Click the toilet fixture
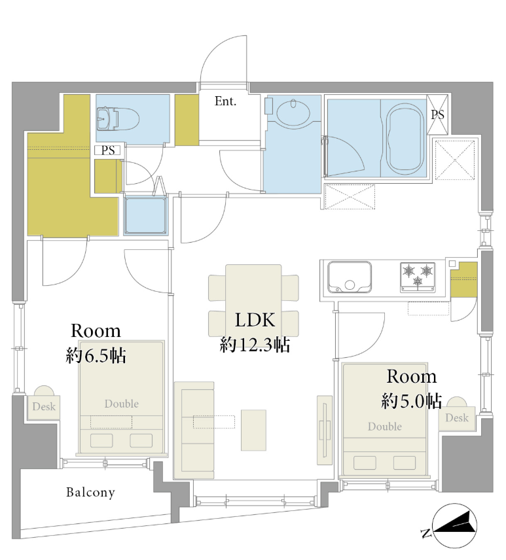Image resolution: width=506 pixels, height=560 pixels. click(x=117, y=118)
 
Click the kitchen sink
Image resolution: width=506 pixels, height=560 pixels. click(x=350, y=277)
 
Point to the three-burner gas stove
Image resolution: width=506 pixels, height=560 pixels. click(x=418, y=277)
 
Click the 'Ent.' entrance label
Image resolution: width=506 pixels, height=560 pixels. click(x=225, y=101)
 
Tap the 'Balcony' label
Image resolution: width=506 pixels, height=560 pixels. click(x=91, y=492)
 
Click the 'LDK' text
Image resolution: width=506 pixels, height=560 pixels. click(x=255, y=320)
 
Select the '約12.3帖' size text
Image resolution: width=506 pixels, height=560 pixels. click(x=255, y=345)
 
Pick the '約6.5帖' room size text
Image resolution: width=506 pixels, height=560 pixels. click(x=96, y=356)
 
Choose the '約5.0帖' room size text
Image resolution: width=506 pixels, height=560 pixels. click(x=412, y=401)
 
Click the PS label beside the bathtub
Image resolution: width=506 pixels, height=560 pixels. click(x=437, y=114)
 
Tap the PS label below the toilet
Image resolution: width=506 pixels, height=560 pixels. click(x=108, y=150)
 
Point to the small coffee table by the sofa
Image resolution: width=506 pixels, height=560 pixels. click(x=253, y=430)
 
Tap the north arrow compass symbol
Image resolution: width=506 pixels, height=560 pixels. click(x=454, y=526)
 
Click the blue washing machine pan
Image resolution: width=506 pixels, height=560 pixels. click(x=145, y=215)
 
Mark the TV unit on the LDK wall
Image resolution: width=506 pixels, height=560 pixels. click(x=325, y=430)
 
